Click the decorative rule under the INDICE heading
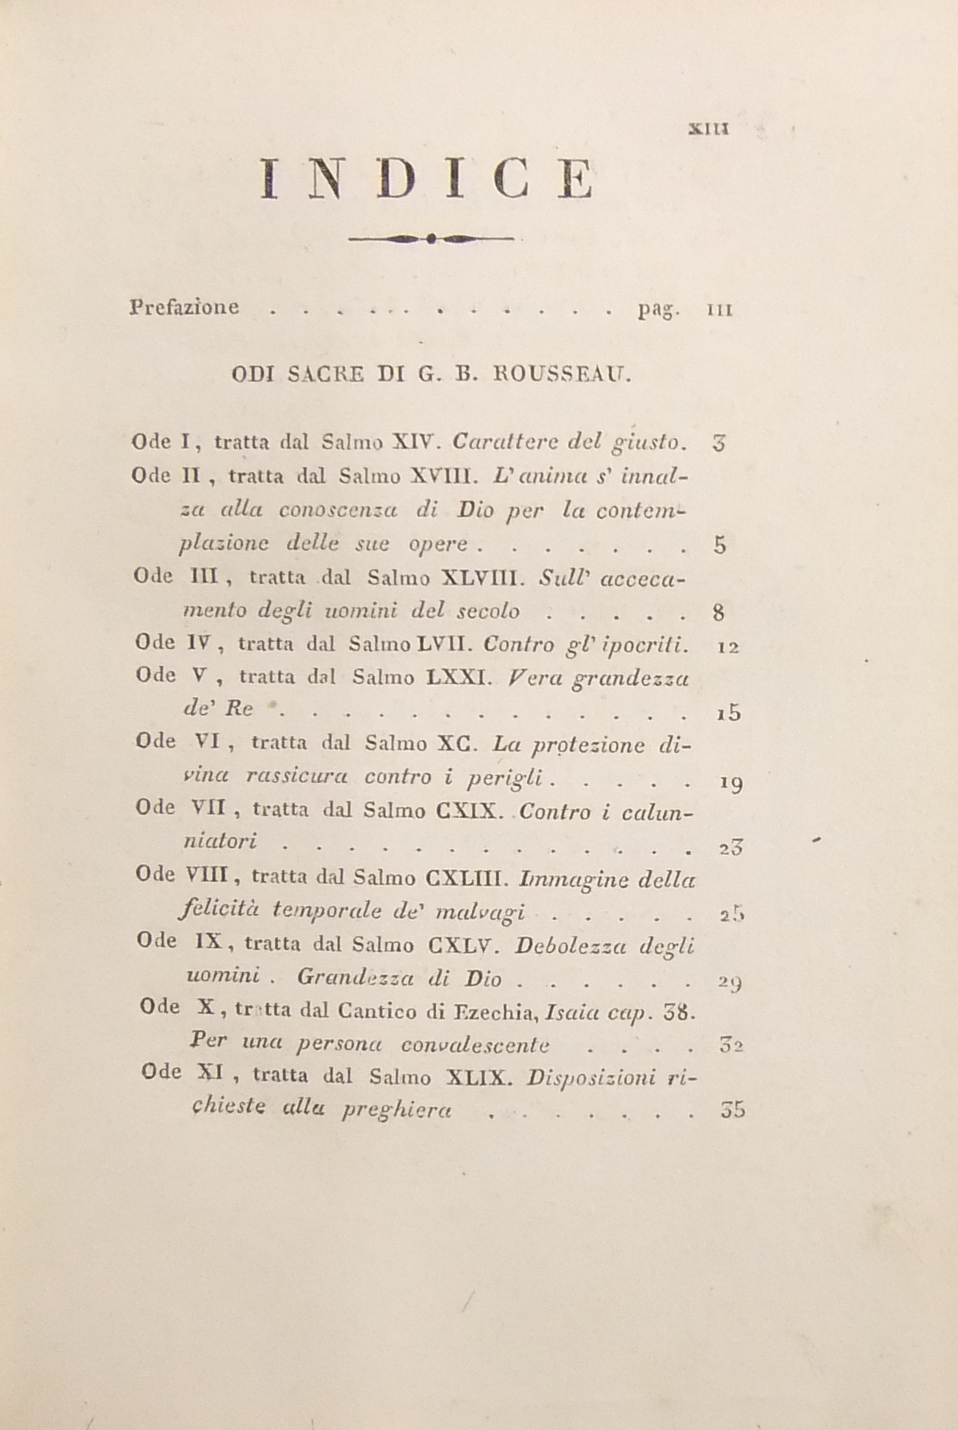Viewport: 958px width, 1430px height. tap(430, 238)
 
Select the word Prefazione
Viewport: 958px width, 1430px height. tap(185, 307)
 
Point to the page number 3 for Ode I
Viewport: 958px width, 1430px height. tap(718, 444)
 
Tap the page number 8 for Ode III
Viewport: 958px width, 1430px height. tap(719, 611)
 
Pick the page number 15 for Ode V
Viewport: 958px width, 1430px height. tap(729, 713)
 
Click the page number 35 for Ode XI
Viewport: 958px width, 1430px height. tap(732, 1110)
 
